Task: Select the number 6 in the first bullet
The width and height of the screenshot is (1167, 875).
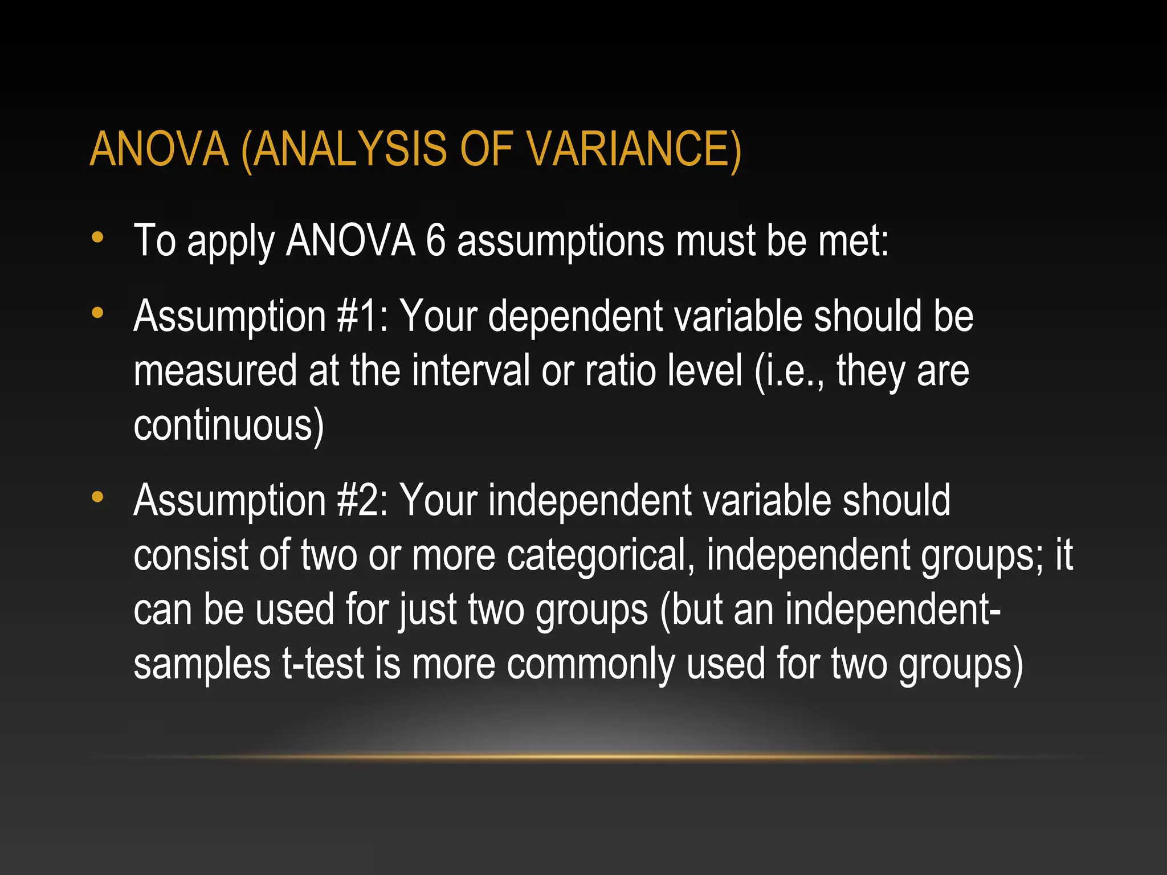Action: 436,241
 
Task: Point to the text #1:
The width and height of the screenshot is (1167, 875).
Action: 362,316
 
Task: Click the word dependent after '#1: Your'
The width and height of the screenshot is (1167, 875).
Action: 576,316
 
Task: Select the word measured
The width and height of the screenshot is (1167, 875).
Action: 216,371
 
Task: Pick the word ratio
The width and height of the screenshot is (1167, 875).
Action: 621,371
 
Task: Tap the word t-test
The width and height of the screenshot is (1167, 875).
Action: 323,664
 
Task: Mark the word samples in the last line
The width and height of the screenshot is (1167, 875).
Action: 202,664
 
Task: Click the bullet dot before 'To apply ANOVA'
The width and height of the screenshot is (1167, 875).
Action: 97,239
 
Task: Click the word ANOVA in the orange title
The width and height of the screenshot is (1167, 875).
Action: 160,149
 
